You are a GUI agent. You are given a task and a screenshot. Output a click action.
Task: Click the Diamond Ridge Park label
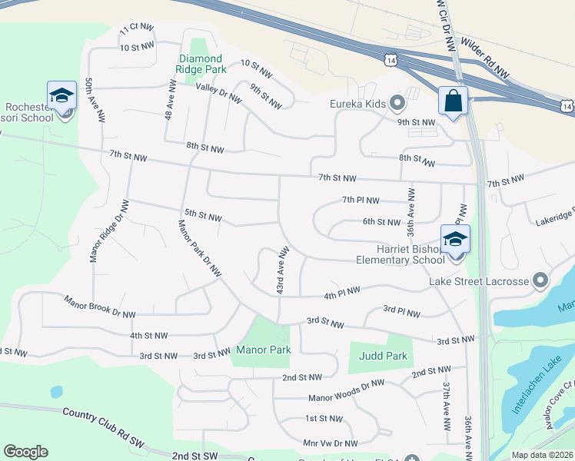pyautogui.click(x=201, y=64)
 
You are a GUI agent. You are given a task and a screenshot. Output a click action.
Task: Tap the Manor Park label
pyautogui.click(x=263, y=350)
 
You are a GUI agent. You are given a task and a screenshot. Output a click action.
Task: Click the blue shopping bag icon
pyautogui.click(x=453, y=101)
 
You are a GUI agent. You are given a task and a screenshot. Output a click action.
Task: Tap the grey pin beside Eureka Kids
pyautogui.click(x=397, y=102)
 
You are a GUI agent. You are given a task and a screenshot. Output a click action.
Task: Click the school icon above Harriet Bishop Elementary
pyautogui.click(x=455, y=239)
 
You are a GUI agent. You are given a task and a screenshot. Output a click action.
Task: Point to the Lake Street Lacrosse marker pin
pyautogui.click(x=540, y=281)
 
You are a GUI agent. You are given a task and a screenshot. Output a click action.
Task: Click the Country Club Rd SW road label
pyautogui.click(x=95, y=422)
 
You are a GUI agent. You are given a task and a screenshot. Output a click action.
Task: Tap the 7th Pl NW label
pyautogui.click(x=361, y=201)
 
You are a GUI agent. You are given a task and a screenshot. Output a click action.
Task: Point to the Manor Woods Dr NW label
pyautogui.click(x=346, y=391)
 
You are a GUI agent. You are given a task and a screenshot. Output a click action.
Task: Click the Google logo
pyautogui.click(x=25, y=452)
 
